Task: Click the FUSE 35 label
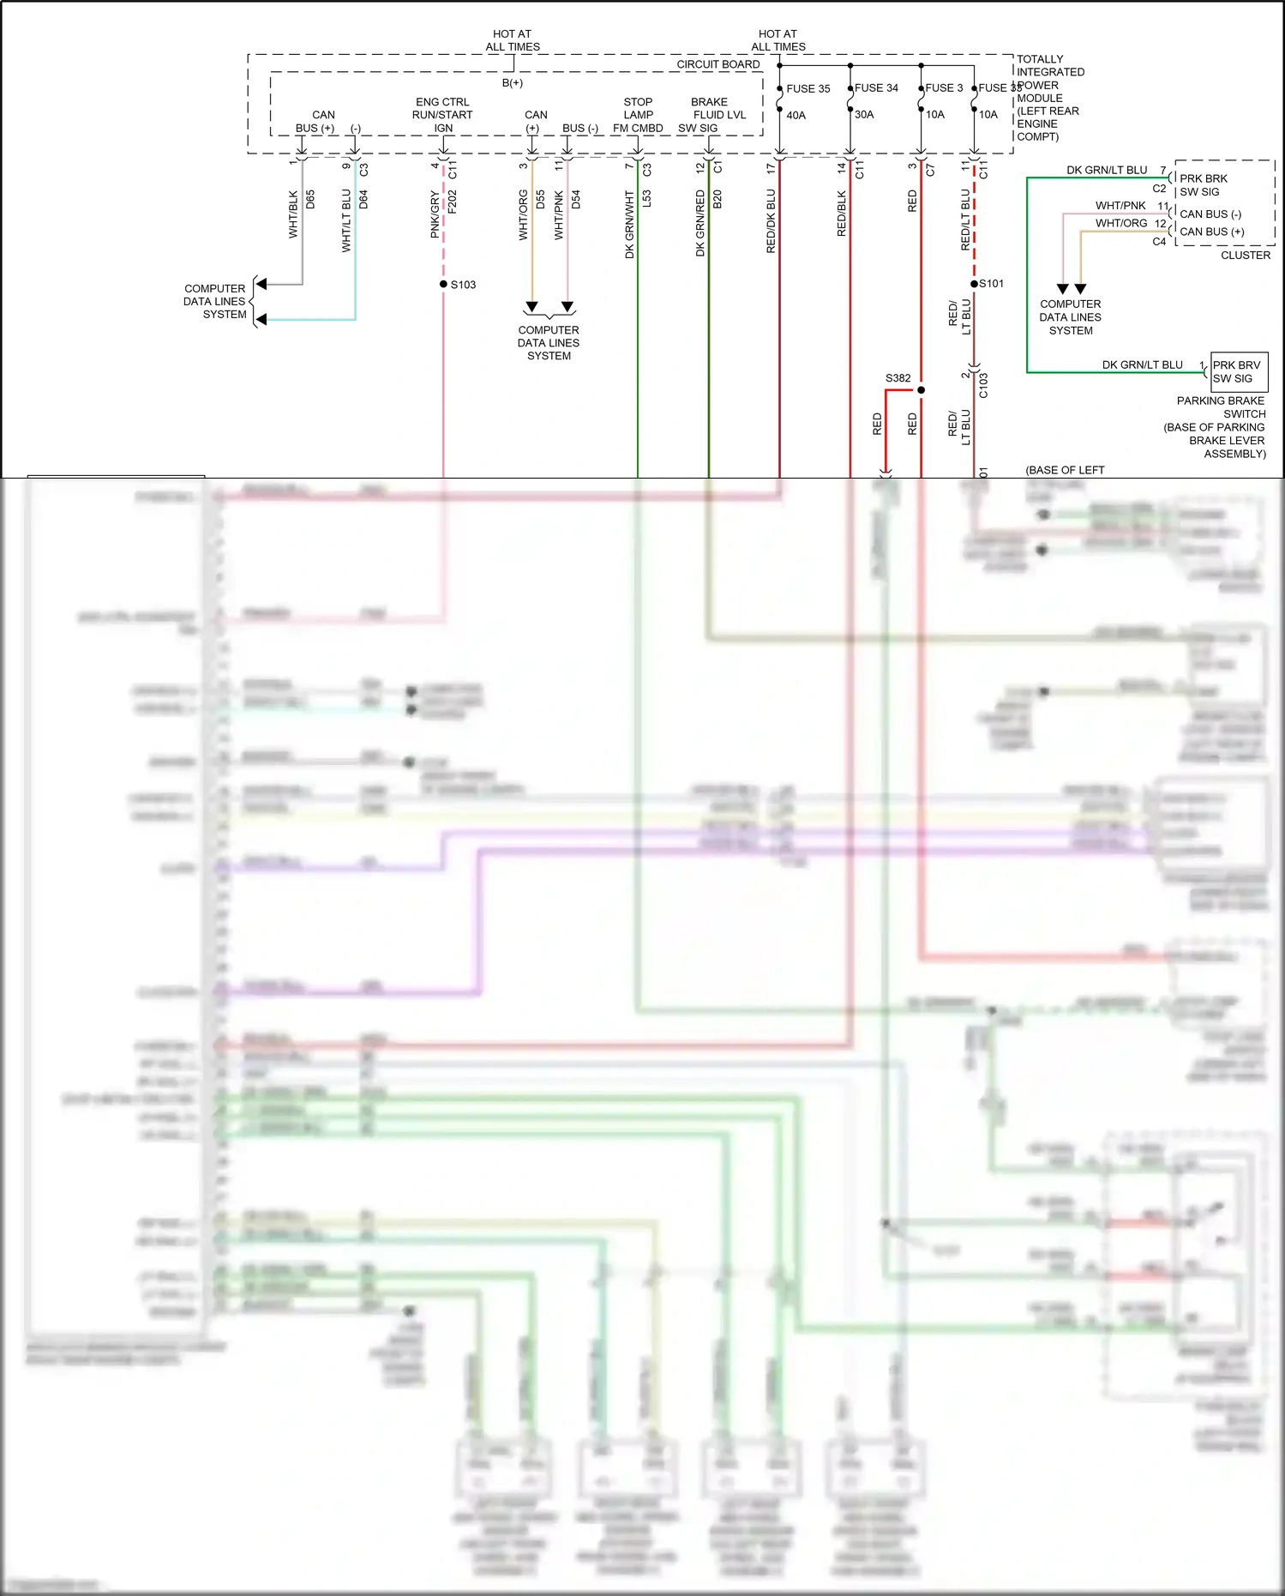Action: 808,88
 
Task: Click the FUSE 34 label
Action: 876,87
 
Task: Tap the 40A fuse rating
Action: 796,115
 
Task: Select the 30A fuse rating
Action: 864,114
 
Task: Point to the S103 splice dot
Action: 443,284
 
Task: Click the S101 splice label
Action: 992,283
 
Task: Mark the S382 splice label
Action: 898,377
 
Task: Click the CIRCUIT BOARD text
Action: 718,64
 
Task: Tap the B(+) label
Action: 512,83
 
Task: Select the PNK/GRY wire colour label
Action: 435,214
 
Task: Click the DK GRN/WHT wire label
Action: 629,225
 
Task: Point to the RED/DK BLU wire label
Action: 771,221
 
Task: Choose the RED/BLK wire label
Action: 841,214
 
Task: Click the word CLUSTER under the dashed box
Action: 1245,255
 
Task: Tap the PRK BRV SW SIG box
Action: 1238,371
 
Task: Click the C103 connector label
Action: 983,385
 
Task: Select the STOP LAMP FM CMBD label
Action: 638,115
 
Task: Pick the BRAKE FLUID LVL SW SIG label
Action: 711,115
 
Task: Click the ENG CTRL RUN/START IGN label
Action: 442,115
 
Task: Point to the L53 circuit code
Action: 646,199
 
